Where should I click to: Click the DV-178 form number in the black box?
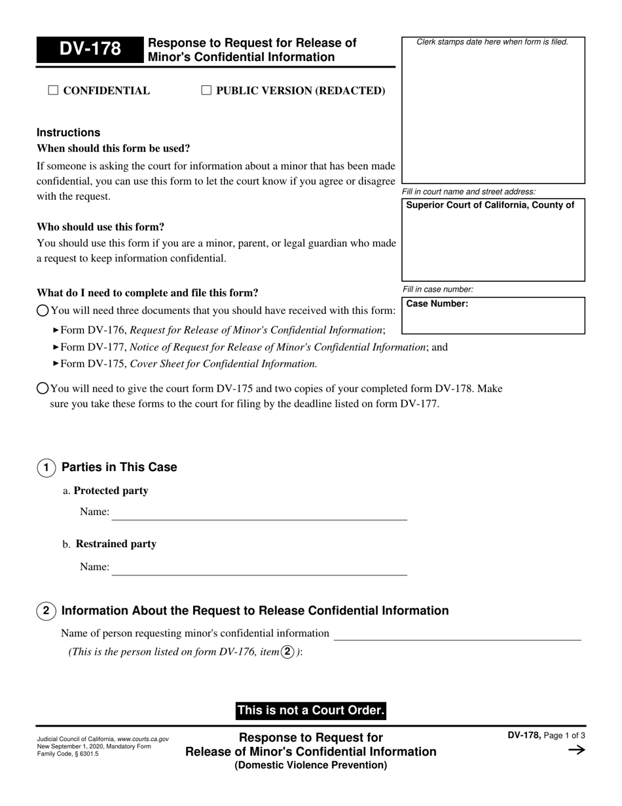click(x=90, y=50)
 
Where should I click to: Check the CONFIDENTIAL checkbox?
click(x=54, y=90)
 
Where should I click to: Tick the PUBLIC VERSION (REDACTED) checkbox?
click(x=206, y=90)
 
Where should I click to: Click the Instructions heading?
click(x=68, y=132)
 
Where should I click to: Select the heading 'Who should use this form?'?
click(x=100, y=227)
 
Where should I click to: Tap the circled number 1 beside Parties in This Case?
click(x=46, y=468)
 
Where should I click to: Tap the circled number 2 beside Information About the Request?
click(x=46, y=611)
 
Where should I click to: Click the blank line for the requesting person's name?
click(x=457, y=634)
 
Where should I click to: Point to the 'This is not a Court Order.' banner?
click(x=310, y=710)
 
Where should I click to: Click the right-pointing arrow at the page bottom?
click(x=576, y=750)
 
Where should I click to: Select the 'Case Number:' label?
click(x=437, y=304)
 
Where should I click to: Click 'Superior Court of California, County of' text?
click(x=490, y=205)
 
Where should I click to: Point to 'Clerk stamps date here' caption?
click(x=492, y=42)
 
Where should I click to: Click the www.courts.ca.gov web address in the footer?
click(x=143, y=739)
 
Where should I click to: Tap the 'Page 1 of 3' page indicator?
click(x=564, y=735)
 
